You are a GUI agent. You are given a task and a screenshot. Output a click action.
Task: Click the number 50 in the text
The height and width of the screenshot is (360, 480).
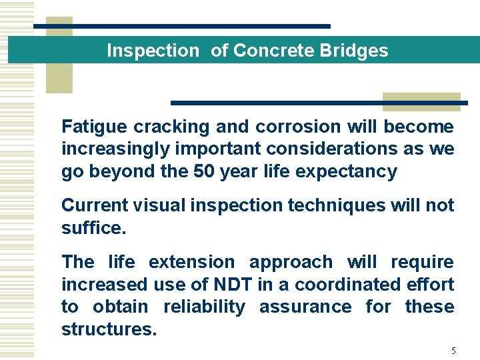[205, 171]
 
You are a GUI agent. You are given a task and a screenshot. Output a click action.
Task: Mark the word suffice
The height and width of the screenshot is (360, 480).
[92, 228]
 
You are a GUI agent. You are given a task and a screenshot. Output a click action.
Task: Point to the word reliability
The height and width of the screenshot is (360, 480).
[205, 307]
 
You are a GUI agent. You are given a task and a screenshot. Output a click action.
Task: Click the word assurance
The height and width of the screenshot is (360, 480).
[305, 307]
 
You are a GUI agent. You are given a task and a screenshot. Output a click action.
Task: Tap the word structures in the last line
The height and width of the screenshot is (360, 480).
[109, 329]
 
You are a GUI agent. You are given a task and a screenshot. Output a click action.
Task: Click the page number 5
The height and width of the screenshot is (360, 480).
[453, 351]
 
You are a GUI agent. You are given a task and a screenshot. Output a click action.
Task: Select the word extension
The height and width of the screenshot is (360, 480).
[191, 262]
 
